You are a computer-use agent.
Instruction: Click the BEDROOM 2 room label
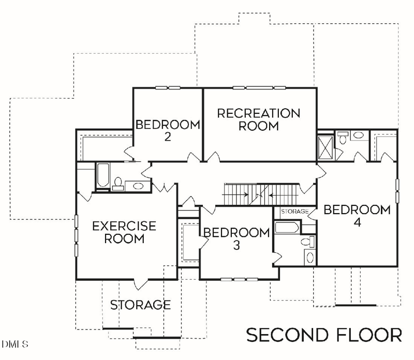coord(168,130)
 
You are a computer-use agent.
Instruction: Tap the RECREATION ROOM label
coord(259,119)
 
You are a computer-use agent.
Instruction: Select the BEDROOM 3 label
coord(236,238)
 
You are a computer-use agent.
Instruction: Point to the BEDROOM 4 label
coord(357,216)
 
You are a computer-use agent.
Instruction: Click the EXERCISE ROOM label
coord(124,232)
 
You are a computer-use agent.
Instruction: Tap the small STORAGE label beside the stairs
coord(294,212)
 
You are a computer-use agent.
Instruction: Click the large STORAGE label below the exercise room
coord(140,305)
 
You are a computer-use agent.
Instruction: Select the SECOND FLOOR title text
coord(323,335)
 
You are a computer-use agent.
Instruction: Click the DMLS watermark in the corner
coord(15,343)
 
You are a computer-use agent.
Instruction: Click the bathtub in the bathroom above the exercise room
coord(102,176)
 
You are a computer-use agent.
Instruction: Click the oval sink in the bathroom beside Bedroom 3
coord(310,257)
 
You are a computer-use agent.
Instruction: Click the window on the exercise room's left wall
coord(77,235)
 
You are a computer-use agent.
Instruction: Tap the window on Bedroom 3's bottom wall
coord(235,279)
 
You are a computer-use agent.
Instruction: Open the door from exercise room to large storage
coord(140,283)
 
